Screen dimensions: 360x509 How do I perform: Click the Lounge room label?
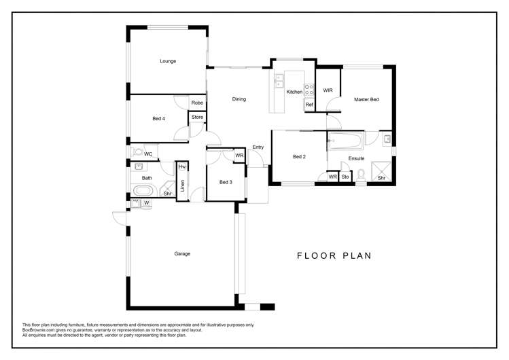[x=168, y=61]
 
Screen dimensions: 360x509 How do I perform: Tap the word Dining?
[x=239, y=99]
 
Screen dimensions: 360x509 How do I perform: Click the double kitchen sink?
[x=279, y=82]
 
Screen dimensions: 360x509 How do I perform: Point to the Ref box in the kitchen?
[x=309, y=105]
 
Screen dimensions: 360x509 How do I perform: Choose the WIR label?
[x=328, y=90]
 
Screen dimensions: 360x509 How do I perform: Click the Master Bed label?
[x=366, y=100]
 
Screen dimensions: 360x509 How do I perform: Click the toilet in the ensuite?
[x=362, y=175]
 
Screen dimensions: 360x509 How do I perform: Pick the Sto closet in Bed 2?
[x=345, y=177]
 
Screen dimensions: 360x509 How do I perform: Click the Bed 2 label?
[x=299, y=157]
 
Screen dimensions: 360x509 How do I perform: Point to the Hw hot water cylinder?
[x=182, y=167]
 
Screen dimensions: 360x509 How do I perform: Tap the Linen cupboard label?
[x=183, y=185]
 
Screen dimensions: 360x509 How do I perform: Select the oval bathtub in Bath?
[x=143, y=191]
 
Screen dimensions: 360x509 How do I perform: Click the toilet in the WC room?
[x=138, y=152]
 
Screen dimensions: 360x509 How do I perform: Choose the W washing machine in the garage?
[x=146, y=203]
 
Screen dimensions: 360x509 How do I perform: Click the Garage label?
[x=181, y=253]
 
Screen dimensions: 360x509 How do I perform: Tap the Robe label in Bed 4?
[x=196, y=103]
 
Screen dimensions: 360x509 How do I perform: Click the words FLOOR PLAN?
[x=334, y=256]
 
